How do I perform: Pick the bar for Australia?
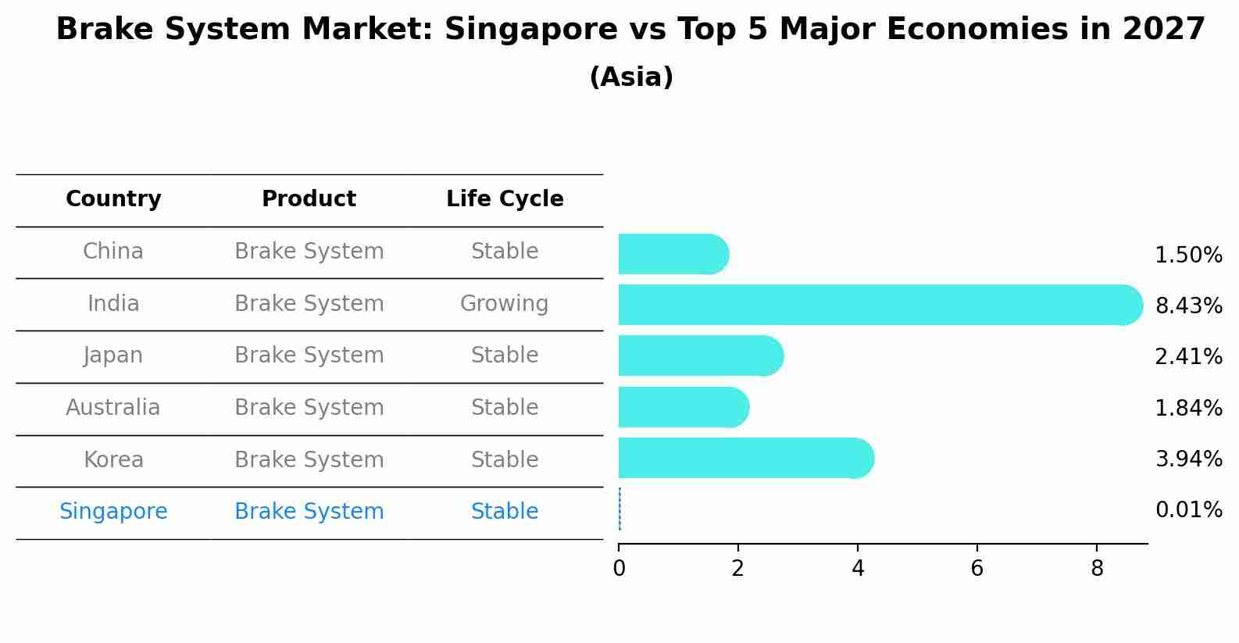tap(684, 407)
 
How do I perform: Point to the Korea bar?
tap(746, 458)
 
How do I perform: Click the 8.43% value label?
tap(1188, 305)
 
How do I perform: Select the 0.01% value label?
tap(1188, 510)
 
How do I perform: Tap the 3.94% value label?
tap(1188, 459)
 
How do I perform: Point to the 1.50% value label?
tap(1188, 255)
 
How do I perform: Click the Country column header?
tap(113, 199)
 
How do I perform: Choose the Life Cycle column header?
tap(505, 199)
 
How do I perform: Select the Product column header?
tap(309, 199)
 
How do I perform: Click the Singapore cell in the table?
tap(113, 512)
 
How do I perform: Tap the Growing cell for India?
tap(504, 303)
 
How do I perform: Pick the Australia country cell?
tap(113, 408)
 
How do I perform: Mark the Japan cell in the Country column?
tap(113, 355)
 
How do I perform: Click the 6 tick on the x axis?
tap(977, 569)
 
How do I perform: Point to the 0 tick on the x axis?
tap(619, 569)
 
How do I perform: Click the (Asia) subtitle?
tap(631, 77)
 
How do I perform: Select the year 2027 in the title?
tap(1164, 30)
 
